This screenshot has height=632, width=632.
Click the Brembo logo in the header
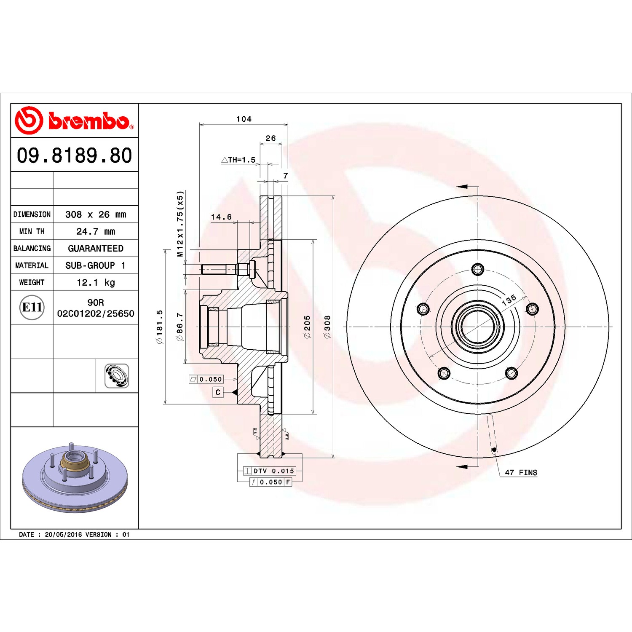click(74, 121)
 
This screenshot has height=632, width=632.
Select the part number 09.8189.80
click(74, 155)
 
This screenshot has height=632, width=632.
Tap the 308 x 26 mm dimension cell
click(96, 214)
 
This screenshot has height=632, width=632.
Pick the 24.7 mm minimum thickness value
click(96, 231)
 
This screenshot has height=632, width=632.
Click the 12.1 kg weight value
click(96, 282)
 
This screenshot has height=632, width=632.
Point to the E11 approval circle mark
click(32, 307)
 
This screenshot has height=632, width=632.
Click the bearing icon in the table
click(117, 376)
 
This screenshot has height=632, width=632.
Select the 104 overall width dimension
click(244, 119)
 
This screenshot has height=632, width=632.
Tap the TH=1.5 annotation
click(238, 160)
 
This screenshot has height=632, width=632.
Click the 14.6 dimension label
click(221, 217)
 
